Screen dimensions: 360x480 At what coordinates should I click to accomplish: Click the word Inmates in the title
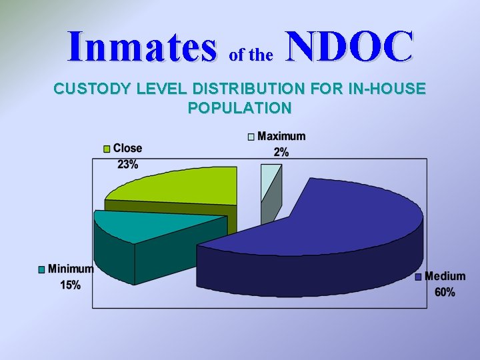coord(142,47)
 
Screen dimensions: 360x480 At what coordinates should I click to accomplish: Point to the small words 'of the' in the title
coord(251,55)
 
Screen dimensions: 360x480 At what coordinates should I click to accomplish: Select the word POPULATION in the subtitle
coord(240,107)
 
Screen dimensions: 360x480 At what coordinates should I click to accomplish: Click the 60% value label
coord(445,292)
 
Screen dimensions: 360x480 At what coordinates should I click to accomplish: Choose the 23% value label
coord(127,165)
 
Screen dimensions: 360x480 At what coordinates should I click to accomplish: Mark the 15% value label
coord(70,285)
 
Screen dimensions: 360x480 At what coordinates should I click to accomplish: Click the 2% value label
coord(281,152)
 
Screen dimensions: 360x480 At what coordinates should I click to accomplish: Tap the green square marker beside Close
coord(107,149)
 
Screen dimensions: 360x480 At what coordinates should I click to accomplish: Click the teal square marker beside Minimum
coord(41,270)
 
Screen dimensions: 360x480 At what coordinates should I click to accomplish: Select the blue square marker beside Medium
coord(419,277)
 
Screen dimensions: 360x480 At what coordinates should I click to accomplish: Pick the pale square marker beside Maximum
coord(251,137)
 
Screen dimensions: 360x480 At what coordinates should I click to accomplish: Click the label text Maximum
coord(281,137)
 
